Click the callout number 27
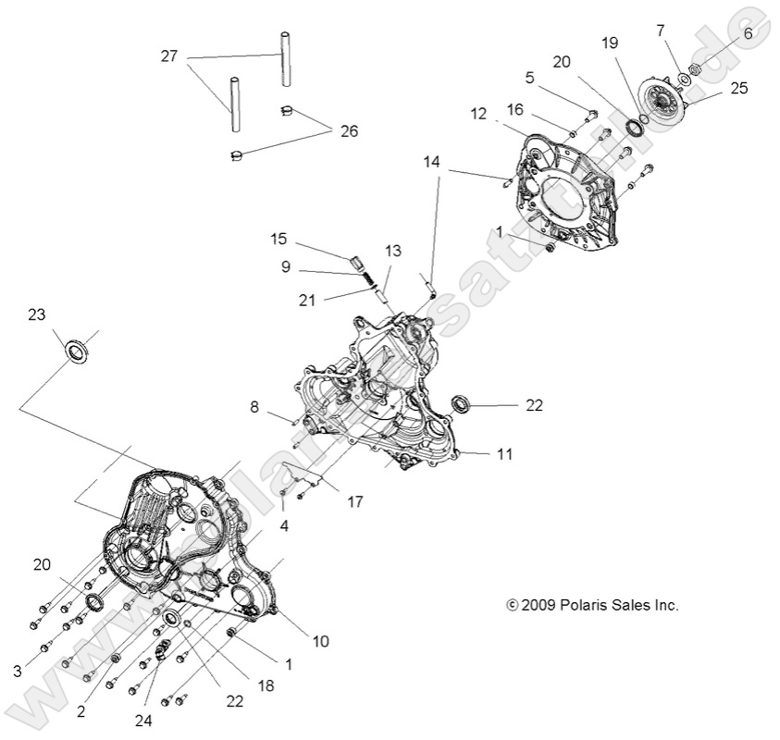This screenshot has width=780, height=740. pyautogui.click(x=168, y=57)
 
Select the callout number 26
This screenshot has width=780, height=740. pyautogui.click(x=348, y=131)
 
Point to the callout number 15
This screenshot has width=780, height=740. pyautogui.click(x=279, y=240)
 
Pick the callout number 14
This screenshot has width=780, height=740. pyautogui.click(x=432, y=161)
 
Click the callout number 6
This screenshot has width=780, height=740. pyautogui.click(x=748, y=32)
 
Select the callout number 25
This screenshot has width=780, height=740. pyautogui.click(x=738, y=89)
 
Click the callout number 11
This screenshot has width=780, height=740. pyautogui.click(x=504, y=454)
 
